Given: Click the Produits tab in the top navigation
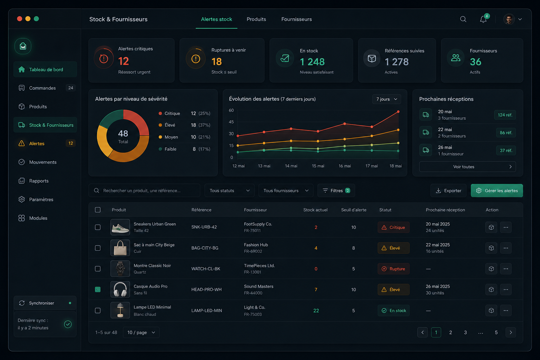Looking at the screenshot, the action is pyautogui.click(x=256, y=19).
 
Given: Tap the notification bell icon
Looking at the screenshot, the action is pyautogui.click(x=483, y=19).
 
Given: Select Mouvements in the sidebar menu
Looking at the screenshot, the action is pyautogui.click(x=43, y=162).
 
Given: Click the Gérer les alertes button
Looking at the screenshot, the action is pyautogui.click(x=497, y=191).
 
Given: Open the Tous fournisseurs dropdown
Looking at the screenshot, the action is pyautogui.click(x=286, y=191).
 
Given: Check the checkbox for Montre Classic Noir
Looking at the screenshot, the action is pyautogui.click(x=98, y=269).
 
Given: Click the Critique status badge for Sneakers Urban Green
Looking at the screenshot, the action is pyautogui.click(x=393, y=227).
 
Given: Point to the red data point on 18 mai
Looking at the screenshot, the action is pyautogui.click(x=398, y=112).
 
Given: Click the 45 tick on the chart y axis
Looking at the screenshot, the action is pyautogui.click(x=231, y=122).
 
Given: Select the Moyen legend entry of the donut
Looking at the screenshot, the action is pyautogui.click(x=171, y=137).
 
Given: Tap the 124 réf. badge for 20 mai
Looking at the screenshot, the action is pyautogui.click(x=505, y=115).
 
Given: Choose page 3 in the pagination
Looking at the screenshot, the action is pyautogui.click(x=465, y=333).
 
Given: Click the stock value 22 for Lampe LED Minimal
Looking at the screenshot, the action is pyautogui.click(x=316, y=310).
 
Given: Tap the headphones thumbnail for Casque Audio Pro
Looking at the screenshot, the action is pyautogui.click(x=120, y=289).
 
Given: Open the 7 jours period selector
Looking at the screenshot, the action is pyautogui.click(x=386, y=99).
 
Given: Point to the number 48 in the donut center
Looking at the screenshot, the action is pyautogui.click(x=123, y=133).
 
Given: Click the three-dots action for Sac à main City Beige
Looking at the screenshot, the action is pyautogui.click(x=506, y=248).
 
